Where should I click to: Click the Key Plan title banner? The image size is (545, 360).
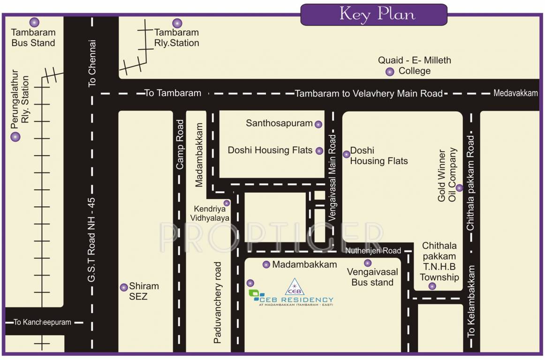coord(374,15)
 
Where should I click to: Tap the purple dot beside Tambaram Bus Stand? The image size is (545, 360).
coord(34,22)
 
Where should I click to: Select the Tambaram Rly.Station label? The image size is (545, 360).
coord(177,38)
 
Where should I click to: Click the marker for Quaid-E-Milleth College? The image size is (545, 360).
coord(390,72)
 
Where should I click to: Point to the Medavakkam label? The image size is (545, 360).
coord(515,93)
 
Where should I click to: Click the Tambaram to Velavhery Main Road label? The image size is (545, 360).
coord(369,94)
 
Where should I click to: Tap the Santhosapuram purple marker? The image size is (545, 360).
coord(318,124)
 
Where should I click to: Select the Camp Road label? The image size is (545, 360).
coord(180,144)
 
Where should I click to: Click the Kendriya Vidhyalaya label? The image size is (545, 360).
coord(210,213)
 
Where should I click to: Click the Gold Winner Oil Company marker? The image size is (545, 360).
coord(460,188)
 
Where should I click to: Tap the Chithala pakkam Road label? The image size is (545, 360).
coord(470,183)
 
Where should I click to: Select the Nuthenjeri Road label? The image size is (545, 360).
coord(373,251)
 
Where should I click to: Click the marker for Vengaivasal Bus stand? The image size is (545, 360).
coord(368,263)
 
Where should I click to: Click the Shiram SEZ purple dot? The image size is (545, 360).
coord(124,287)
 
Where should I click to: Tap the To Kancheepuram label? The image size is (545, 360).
coord(42,322)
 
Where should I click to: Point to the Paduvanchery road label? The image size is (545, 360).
coord(217,303)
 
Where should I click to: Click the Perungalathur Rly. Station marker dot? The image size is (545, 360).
coord(15,137)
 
